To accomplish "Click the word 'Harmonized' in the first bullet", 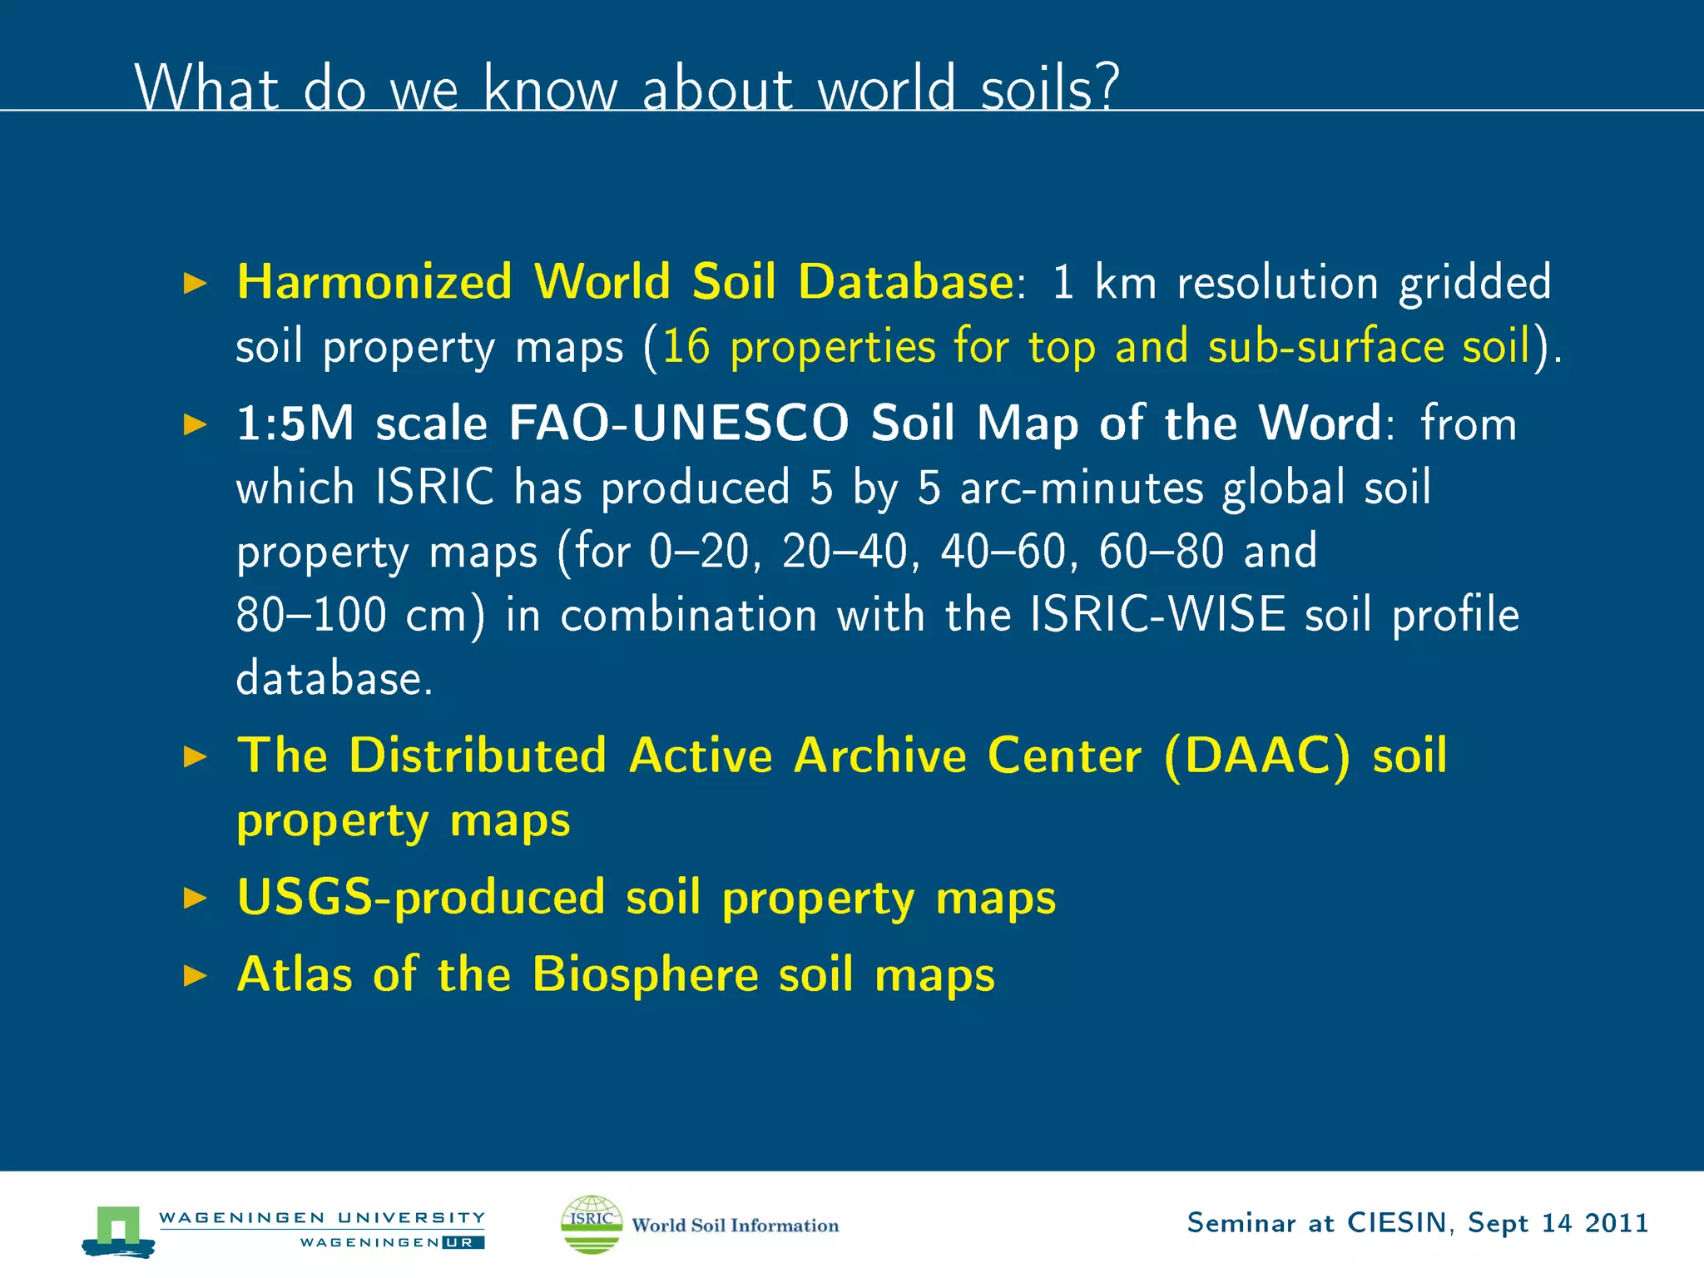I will tap(374, 281).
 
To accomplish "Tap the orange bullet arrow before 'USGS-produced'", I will tap(195, 898).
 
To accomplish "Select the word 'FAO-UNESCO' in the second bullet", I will tap(678, 423).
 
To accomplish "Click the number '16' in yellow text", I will tap(686, 346).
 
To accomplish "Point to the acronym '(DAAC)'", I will tap(1257, 756).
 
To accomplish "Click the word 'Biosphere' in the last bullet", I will tap(645, 974).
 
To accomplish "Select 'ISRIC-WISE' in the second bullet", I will tap(1157, 615).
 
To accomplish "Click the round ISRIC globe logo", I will tap(592, 1224).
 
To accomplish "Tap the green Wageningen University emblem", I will tap(118, 1229).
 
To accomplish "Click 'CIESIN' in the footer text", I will tap(1397, 1222).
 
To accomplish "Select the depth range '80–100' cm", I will tap(311, 615).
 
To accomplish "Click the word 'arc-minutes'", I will tap(1082, 487).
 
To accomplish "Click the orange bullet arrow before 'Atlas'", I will tap(195, 975).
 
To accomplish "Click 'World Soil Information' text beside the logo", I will tap(735, 1225).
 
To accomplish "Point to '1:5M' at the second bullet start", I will tap(295, 423).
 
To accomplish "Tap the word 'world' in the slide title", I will tap(886, 87).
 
